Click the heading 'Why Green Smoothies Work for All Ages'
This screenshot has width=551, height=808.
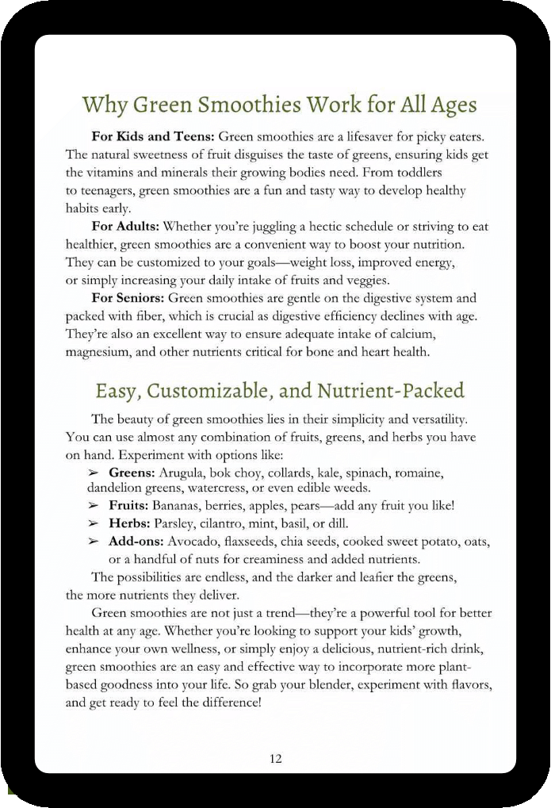tap(279, 105)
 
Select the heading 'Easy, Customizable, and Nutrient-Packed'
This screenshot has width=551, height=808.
tap(279, 390)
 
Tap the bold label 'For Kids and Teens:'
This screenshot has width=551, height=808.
tap(153, 137)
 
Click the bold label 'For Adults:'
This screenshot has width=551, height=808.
tap(125, 227)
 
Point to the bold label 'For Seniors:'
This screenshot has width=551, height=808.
tap(128, 298)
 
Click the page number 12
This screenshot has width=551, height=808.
tap(275, 759)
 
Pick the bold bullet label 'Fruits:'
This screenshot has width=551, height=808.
tap(129, 506)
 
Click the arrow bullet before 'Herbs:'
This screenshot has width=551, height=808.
tap(94, 523)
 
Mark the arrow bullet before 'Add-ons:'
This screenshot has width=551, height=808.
tap(94, 541)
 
